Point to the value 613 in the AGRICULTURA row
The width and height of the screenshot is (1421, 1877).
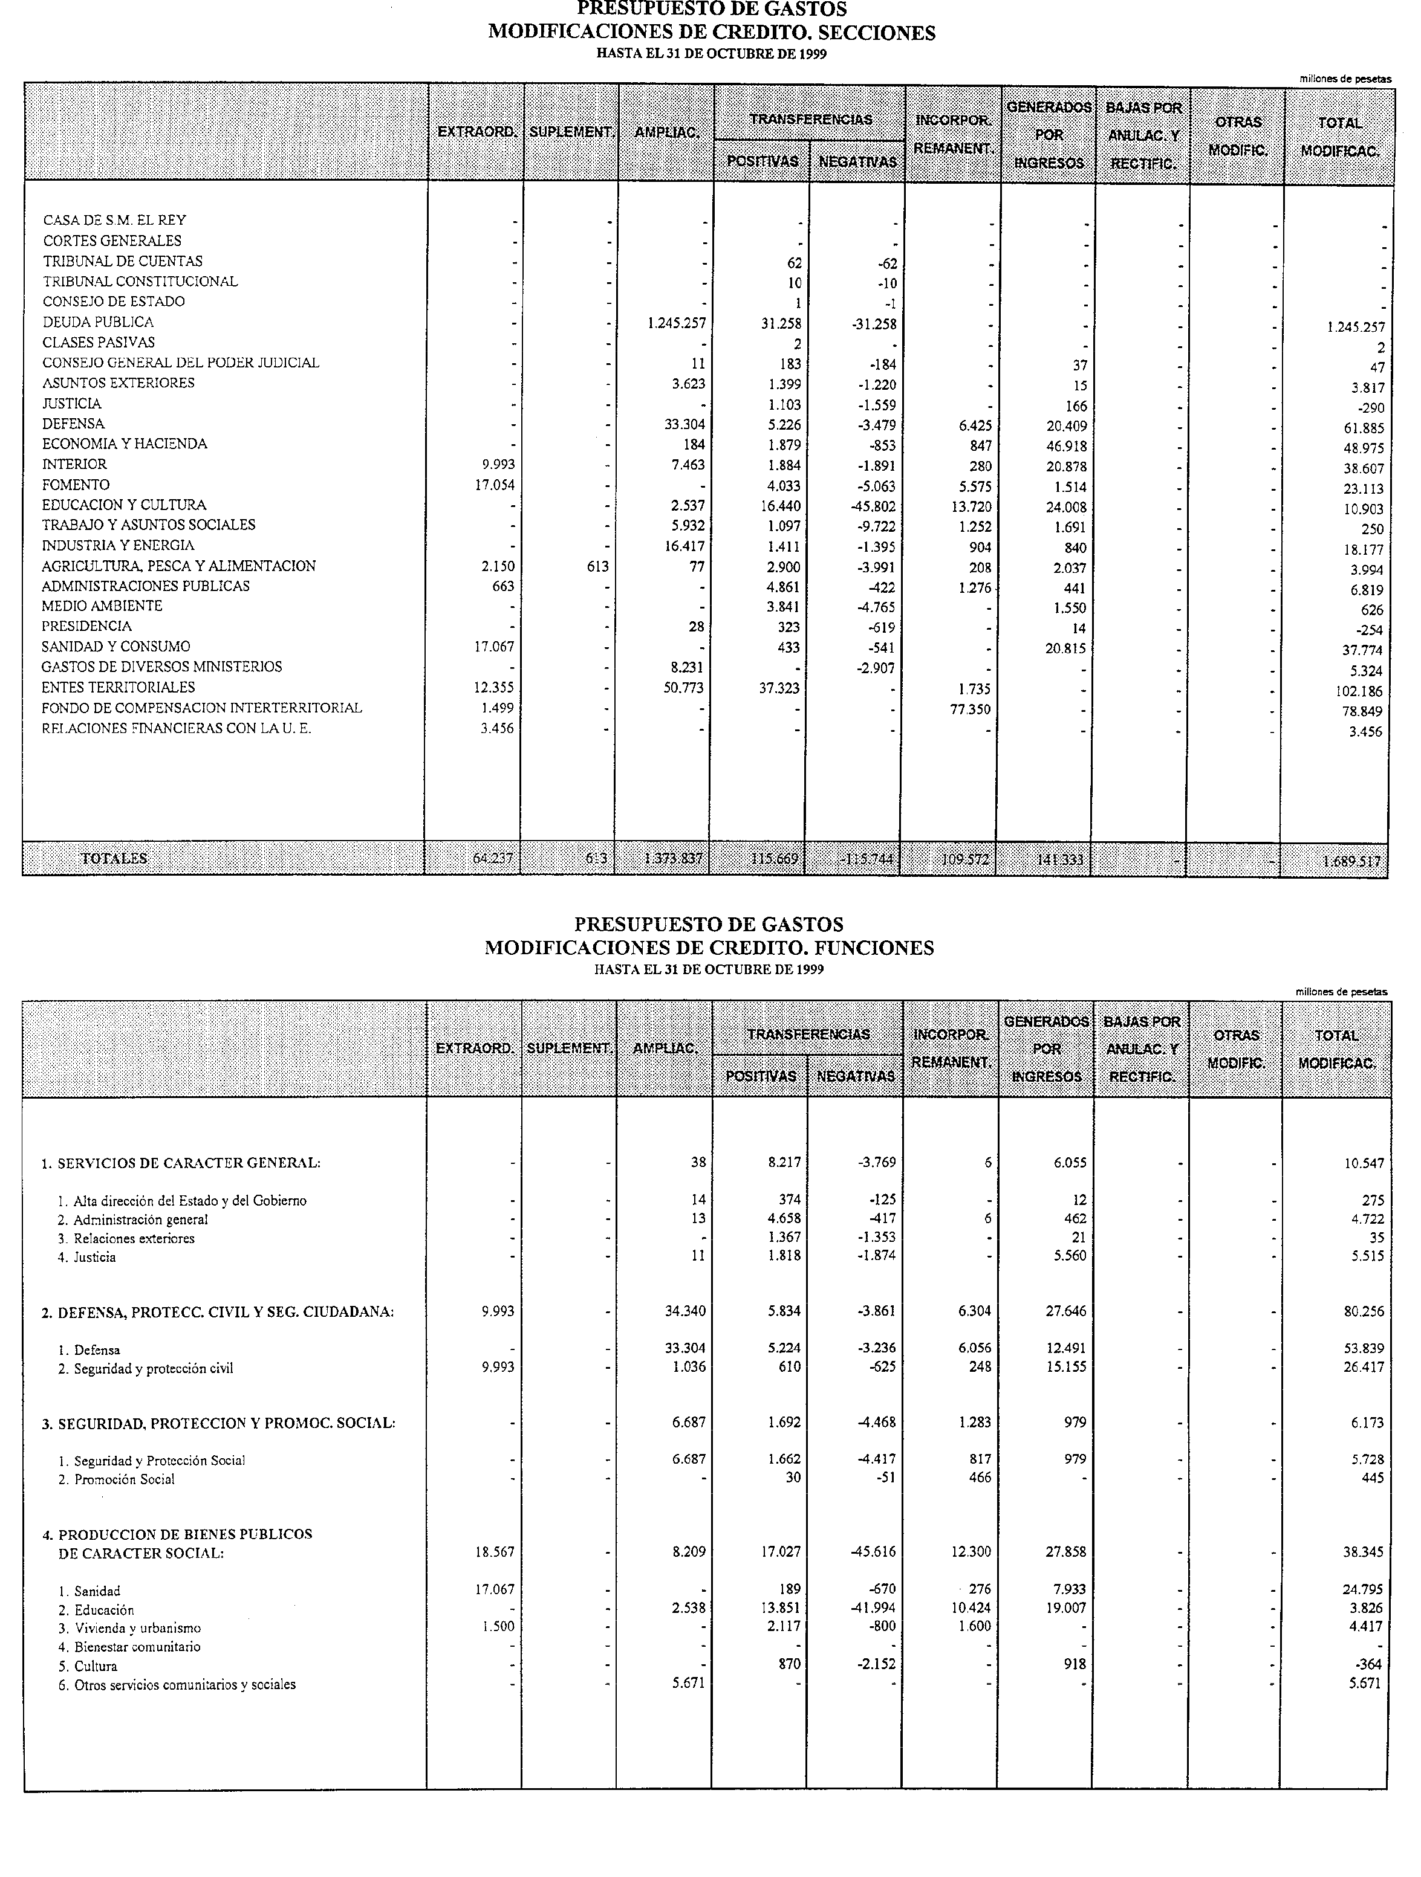(x=597, y=567)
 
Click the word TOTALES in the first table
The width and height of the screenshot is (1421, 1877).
(x=114, y=858)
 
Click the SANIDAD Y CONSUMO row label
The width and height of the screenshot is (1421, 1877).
(x=116, y=647)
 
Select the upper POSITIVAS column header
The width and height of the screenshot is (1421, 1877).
(x=763, y=161)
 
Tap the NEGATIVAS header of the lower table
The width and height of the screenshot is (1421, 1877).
(x=856, y=1076)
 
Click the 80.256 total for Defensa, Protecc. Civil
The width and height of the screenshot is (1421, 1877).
(x=1364, y=1312)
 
